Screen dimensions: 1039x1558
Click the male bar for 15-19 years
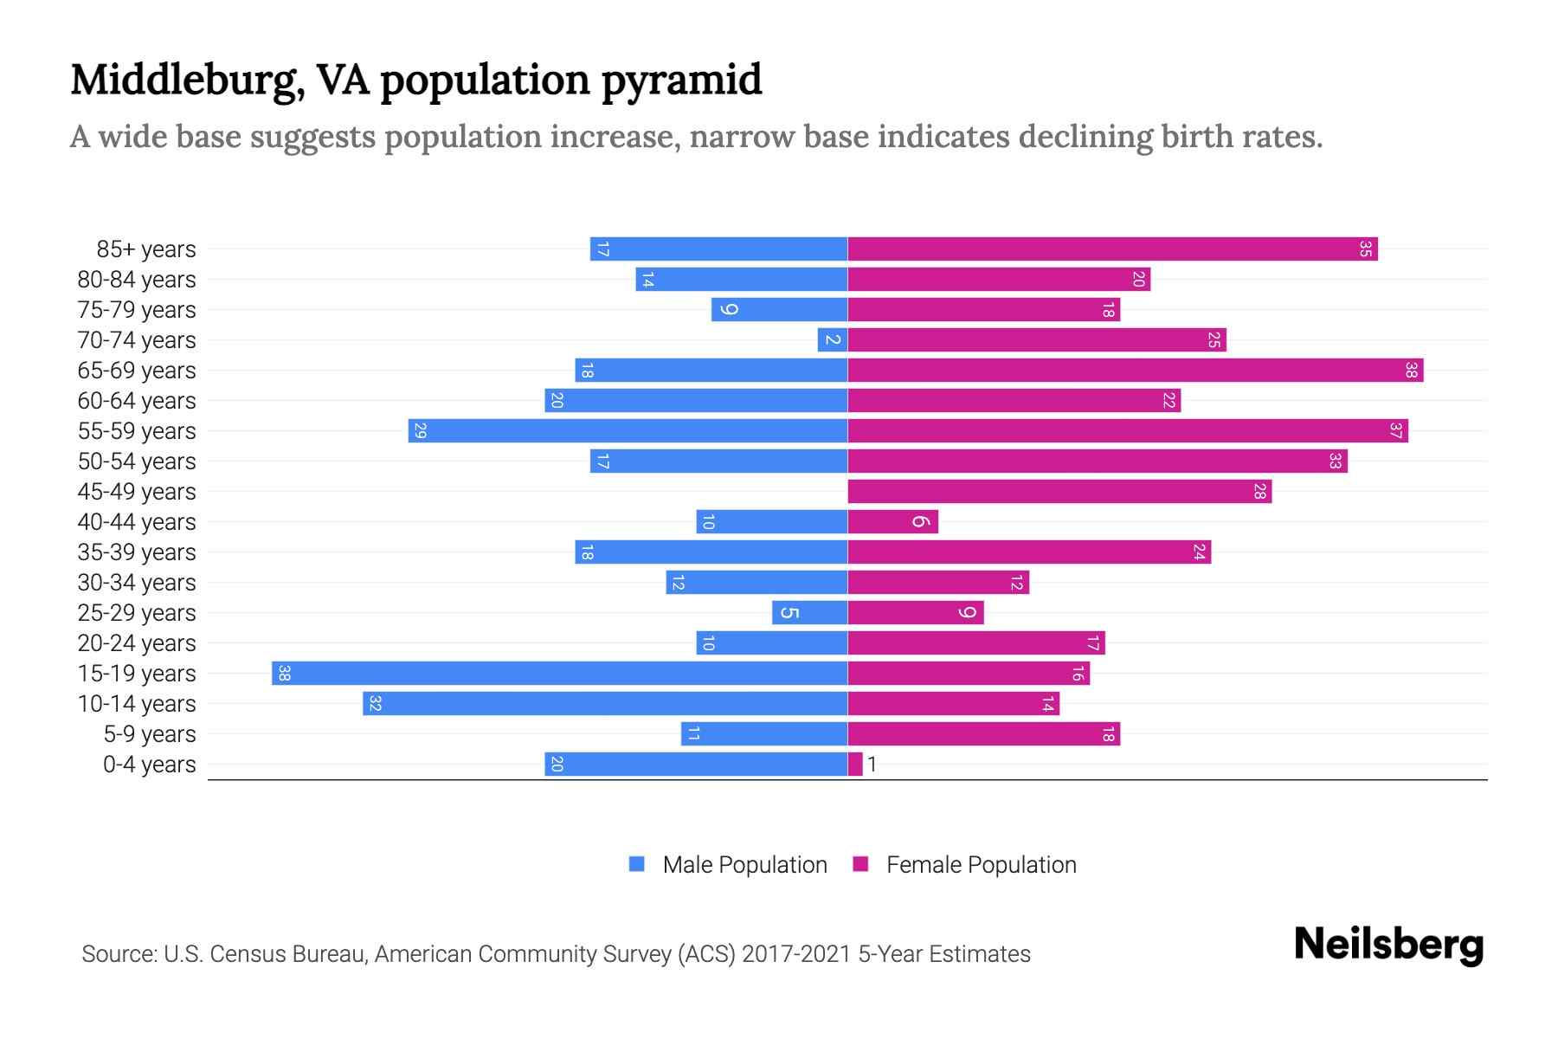559,674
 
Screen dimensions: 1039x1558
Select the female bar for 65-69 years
1135,371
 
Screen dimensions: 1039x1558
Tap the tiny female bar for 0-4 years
855,765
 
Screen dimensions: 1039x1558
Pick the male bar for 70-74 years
832,340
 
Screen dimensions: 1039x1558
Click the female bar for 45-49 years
1059,492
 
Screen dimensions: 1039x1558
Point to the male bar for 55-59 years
628,431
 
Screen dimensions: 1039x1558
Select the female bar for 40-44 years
892,522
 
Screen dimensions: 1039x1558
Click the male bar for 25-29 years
809,613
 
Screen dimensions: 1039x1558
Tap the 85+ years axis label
146,249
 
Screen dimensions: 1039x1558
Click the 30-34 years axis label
137,583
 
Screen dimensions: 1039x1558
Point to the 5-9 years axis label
150,734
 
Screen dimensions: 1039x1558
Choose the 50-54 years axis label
137,461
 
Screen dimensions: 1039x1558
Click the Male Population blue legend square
637,864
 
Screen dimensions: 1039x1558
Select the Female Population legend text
981,865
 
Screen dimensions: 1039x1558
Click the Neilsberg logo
1388,945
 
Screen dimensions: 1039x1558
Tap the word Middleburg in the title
186,81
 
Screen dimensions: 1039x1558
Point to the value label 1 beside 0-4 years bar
872,765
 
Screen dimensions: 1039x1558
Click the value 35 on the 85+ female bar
1365,249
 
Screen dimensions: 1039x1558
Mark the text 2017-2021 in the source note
796,954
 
